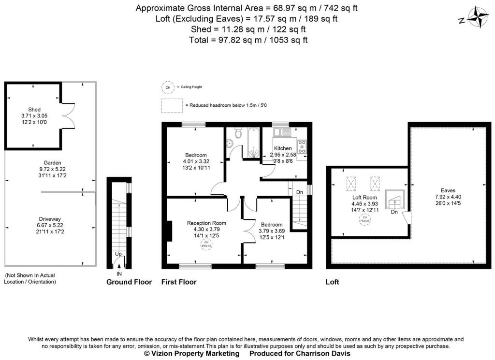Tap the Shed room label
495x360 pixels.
[34, 109]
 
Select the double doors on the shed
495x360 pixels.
[71, 116]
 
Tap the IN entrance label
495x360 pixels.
[119, 274]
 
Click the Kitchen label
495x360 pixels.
[283, 148]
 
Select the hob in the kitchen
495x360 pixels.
[302, 146]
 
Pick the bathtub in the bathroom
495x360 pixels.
[254, 143]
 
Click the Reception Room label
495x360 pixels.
[206, 223]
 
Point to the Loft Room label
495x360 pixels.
[364, 197]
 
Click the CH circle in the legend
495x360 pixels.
[168, 87]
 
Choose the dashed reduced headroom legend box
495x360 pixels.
[171, 105]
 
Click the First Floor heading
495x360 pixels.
[178, 282]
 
